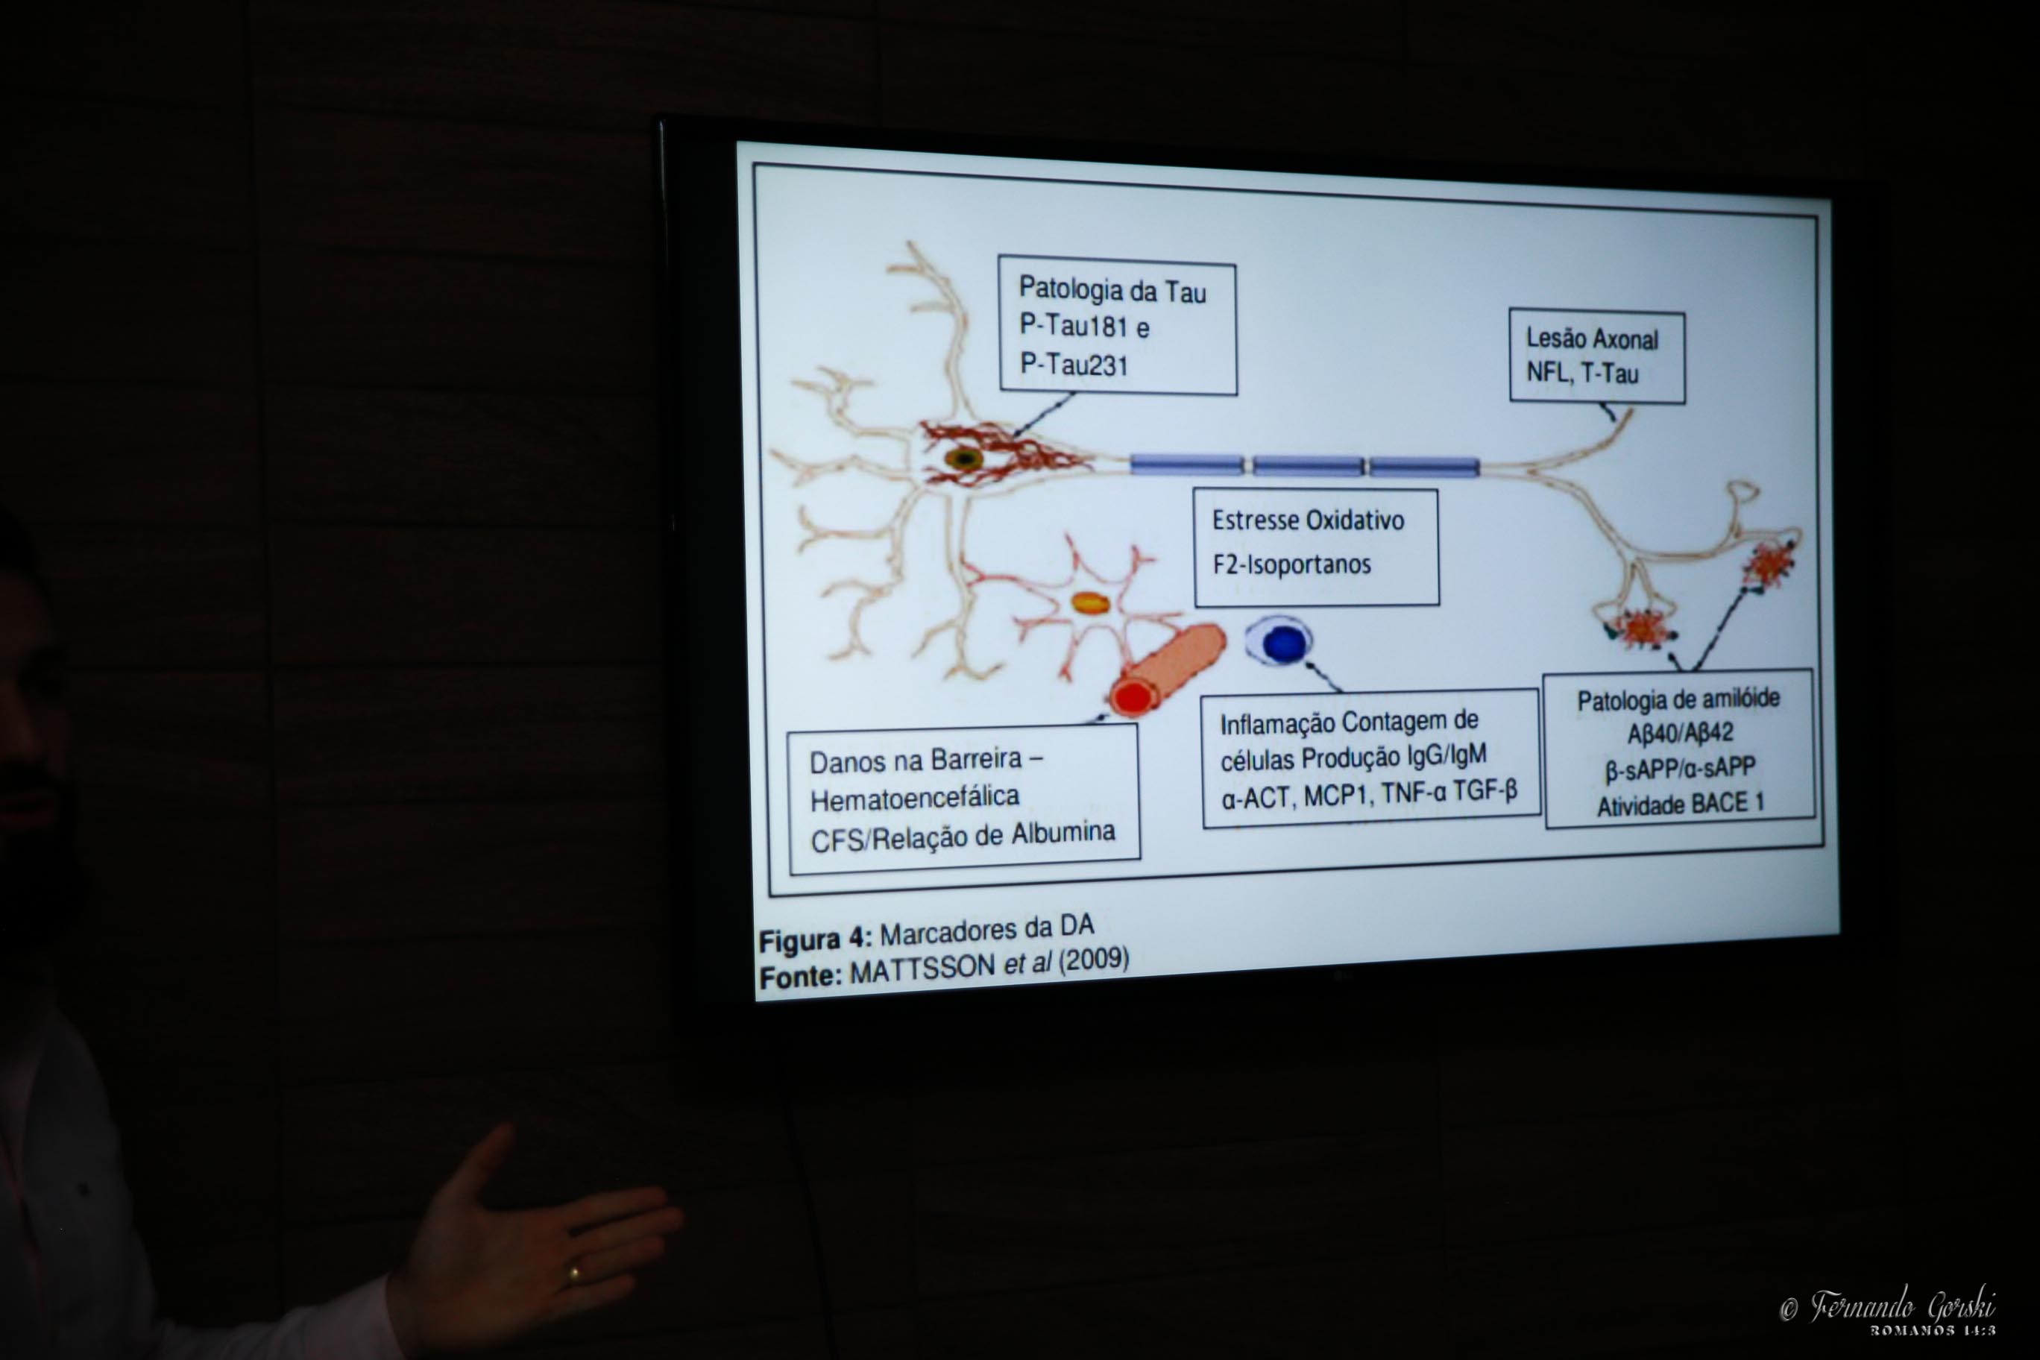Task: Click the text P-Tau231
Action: [x=1074, y=365]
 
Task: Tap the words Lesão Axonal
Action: [x=1592, y=339]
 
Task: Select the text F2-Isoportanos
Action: [x=1291, y=564]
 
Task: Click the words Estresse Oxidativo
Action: [x=1308, y=520]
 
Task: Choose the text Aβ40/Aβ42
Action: [x=1680, y=734]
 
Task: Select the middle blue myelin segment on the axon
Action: [x=1308, y=466]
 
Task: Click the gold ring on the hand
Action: [x=573, y=1274]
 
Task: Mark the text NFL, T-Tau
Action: [x=1582, y=374]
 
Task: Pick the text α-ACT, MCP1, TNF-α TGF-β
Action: [x=1369, y=795]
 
